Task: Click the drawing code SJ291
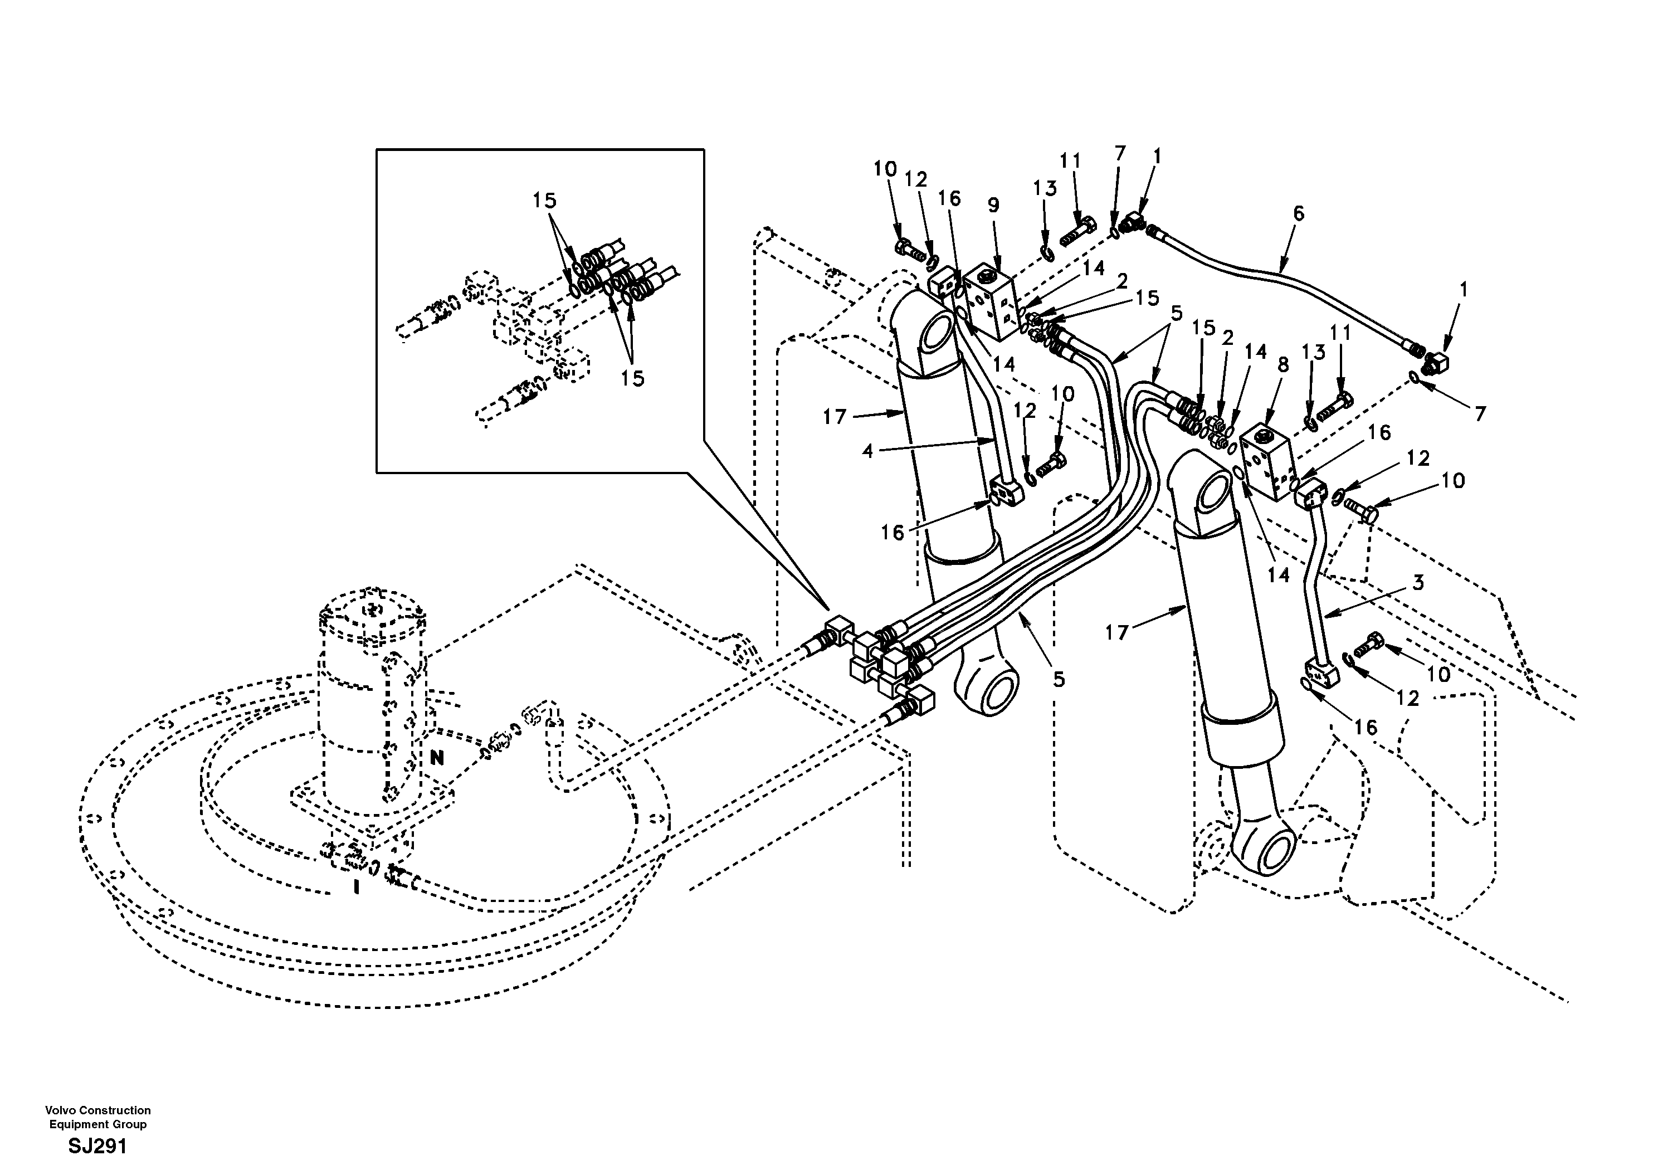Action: tap(97, 1146)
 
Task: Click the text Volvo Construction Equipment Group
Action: tap(97, 1117)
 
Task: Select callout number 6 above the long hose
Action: tap(1299, 213)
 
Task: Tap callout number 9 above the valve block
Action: tap(994, 204)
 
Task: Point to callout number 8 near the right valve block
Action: tap(1282, 365)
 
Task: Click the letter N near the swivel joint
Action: tap(437, 758)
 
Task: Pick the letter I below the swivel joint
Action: tap(356, 887)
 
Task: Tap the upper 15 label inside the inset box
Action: tap(544, 200)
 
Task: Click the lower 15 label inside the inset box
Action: tap(632, 378)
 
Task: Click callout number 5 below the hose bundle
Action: tap(1058, 679)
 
